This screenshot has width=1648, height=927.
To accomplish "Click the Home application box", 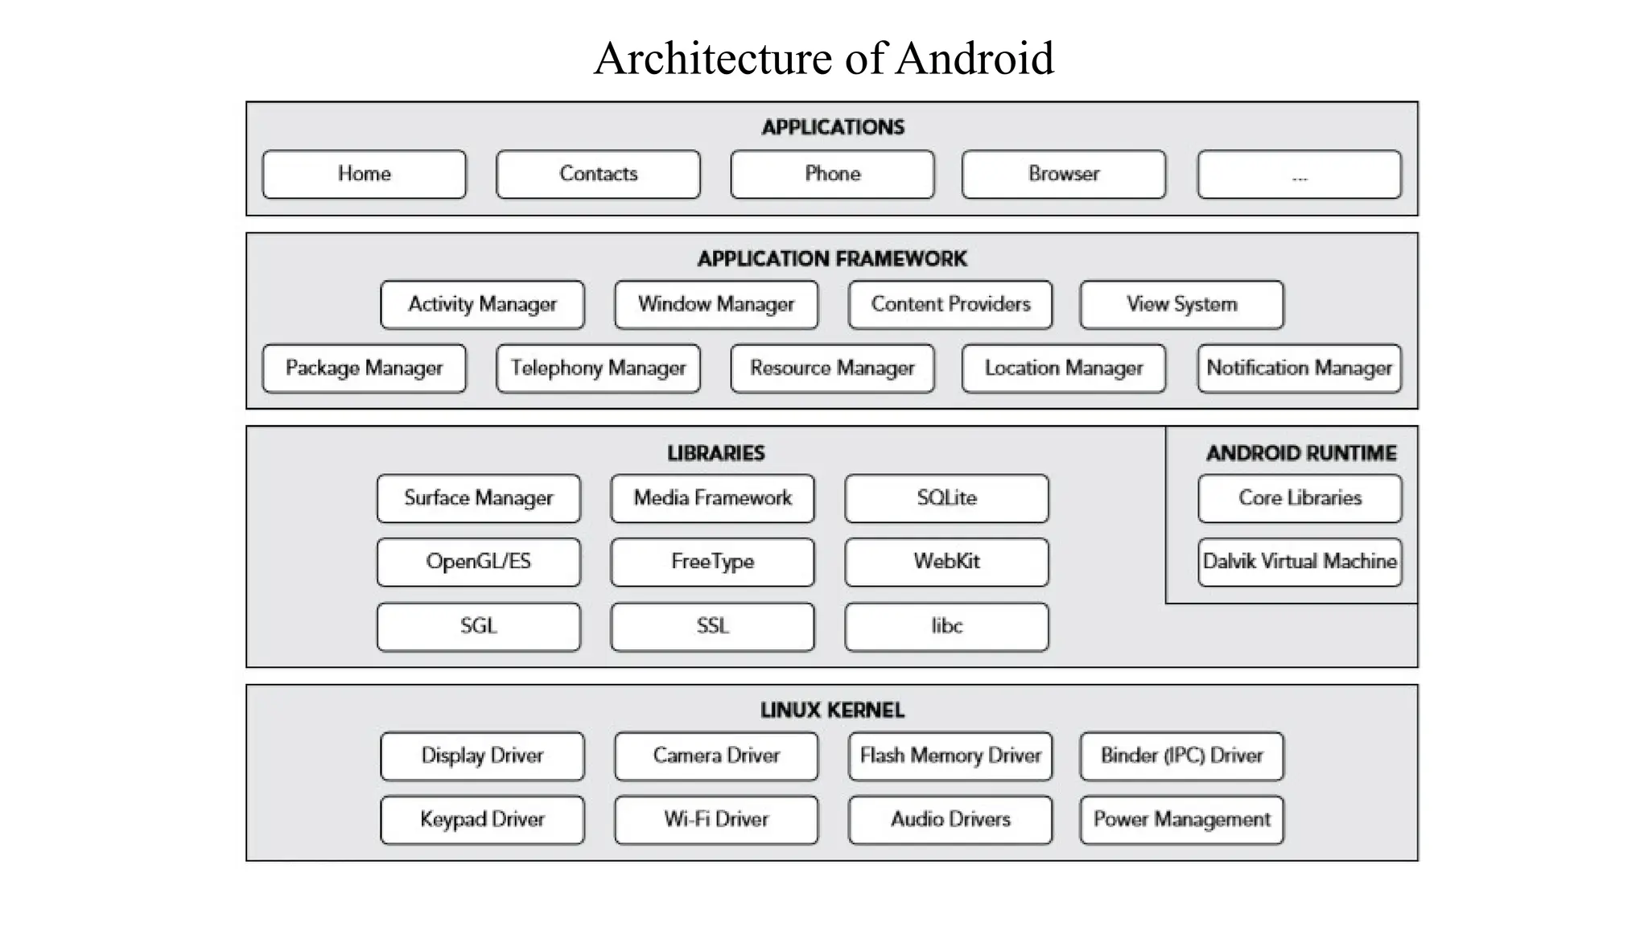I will click(x=364, y=174).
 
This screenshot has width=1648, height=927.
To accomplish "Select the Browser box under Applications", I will click(x=1063, y=174).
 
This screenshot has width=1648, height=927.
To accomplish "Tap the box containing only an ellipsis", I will click(x=1299, y=174).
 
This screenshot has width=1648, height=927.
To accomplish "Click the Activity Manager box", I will click(x=482, y=304).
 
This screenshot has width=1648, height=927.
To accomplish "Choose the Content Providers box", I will click(x=950, y=304).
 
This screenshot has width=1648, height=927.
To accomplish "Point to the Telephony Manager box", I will click(x=598, y=369).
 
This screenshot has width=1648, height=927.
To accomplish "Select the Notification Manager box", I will click(x=1299, y=369).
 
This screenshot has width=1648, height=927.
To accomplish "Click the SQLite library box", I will click(x=946, y=498).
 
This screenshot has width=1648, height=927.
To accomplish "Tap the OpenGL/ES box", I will click(x=478, y=562).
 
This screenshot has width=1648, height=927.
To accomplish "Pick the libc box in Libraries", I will click(x=946, y=626).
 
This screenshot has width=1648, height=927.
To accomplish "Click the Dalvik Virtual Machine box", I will click(x=1299, y=562).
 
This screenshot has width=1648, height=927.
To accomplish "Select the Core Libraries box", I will click(x=1299, y=498).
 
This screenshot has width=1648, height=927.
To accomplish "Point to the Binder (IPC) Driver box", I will click(x=1181, y=756).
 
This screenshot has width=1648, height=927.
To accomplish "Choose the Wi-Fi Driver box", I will click(x=716, y=819).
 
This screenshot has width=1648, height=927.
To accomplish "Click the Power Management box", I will click(x=1181, y=819).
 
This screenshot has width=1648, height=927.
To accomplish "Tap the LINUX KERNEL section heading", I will click(x=832, y=711).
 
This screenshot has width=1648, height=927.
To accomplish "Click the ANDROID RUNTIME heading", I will click(x=1301, y=453).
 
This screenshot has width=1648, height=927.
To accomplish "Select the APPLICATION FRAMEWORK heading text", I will click(x=832, y=259).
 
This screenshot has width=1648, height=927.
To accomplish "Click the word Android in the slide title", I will click(x=974, y=59).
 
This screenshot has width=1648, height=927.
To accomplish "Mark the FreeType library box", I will click(x=712, y=562).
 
